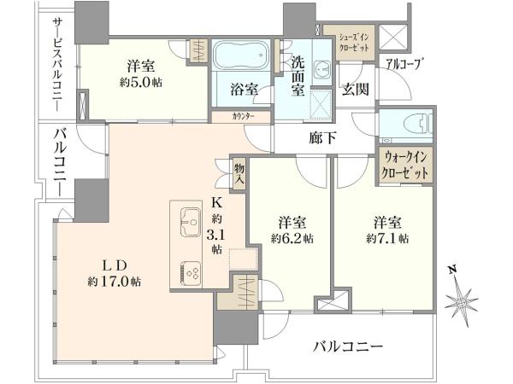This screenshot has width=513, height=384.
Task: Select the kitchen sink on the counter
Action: coord(190,222)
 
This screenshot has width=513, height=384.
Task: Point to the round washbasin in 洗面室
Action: coord(322,69)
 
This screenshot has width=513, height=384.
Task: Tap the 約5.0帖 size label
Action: coord(141,82)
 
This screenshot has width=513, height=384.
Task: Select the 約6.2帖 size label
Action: coord(292,239)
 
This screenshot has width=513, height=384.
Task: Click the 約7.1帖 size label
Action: coord(387,239)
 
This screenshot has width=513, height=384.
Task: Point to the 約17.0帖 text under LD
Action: coord(115,281)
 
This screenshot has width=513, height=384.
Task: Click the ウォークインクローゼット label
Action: coord(405,166)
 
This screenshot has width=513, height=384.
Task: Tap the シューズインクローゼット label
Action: coord(354,43)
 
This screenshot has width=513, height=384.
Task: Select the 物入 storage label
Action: coord(239,174)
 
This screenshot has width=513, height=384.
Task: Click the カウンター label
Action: coord(244,117)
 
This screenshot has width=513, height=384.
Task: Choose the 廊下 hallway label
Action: coord(322,138)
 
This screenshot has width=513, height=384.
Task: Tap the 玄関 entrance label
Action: coord(356,89)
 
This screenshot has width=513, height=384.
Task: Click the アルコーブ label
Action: coord(403,63)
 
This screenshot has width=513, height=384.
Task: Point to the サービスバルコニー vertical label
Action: coord(59,65)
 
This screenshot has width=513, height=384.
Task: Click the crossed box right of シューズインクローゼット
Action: coord(393,37)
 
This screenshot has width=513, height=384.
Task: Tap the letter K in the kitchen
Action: coord(217,203)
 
